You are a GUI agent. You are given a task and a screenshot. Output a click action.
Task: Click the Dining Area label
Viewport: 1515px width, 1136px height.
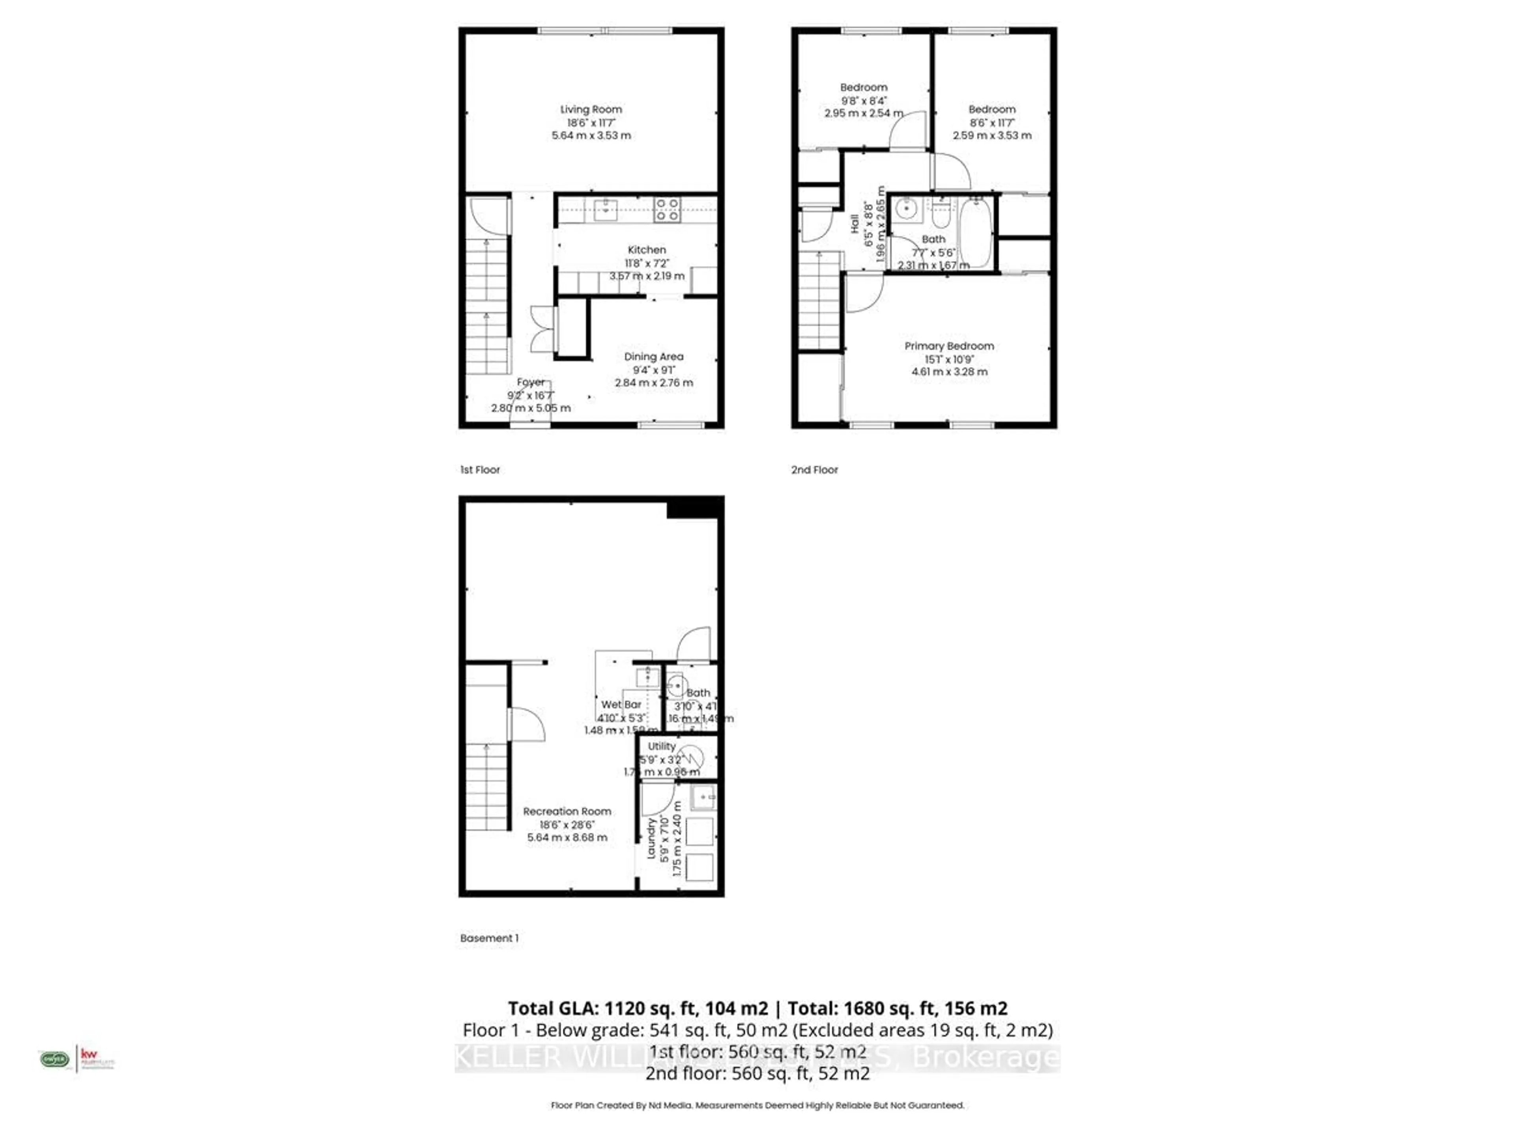coord(653,357)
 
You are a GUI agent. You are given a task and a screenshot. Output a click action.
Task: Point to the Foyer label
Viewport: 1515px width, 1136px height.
coord(530,382)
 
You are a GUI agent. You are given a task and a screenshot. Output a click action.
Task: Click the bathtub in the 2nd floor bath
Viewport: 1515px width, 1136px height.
coord(974,233)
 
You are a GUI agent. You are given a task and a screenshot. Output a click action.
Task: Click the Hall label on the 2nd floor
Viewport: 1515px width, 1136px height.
coord(854,224)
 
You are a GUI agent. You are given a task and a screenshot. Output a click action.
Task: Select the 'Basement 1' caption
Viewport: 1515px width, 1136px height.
coord(489,938)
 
